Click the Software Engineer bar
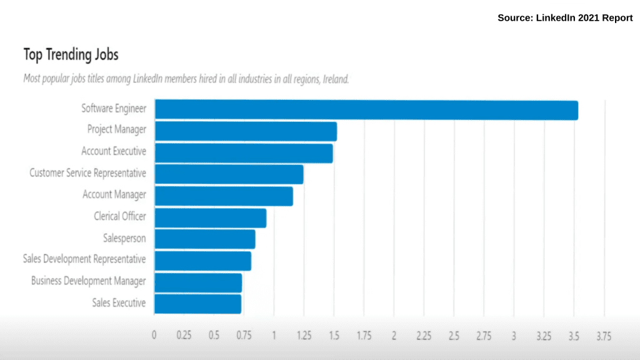click(x=366, y=110)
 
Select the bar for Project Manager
click(x=246, y=131)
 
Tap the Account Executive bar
click(x=244, y=152)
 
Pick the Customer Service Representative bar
click(x=229, y=174)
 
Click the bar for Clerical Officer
click(x=211, y=217)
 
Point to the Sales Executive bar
click(x=197, y=304)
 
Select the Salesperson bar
click(x=205, y=239)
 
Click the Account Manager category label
click(x=114, y=195)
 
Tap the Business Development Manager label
click(x=88, y=281)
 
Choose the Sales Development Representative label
click(x=84, y=259)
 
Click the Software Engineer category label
click(x=114, y=109)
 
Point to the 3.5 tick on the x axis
click(x=574, y=336)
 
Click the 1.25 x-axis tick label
click(x=303, y=336)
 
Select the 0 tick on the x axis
click(x=154, y=336)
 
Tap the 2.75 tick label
click(x=483, y=336)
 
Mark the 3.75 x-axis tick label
click(x=603, y=336)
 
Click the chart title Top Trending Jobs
click(x=71, y=55)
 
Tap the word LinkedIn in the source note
click(x=555, y=18)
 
